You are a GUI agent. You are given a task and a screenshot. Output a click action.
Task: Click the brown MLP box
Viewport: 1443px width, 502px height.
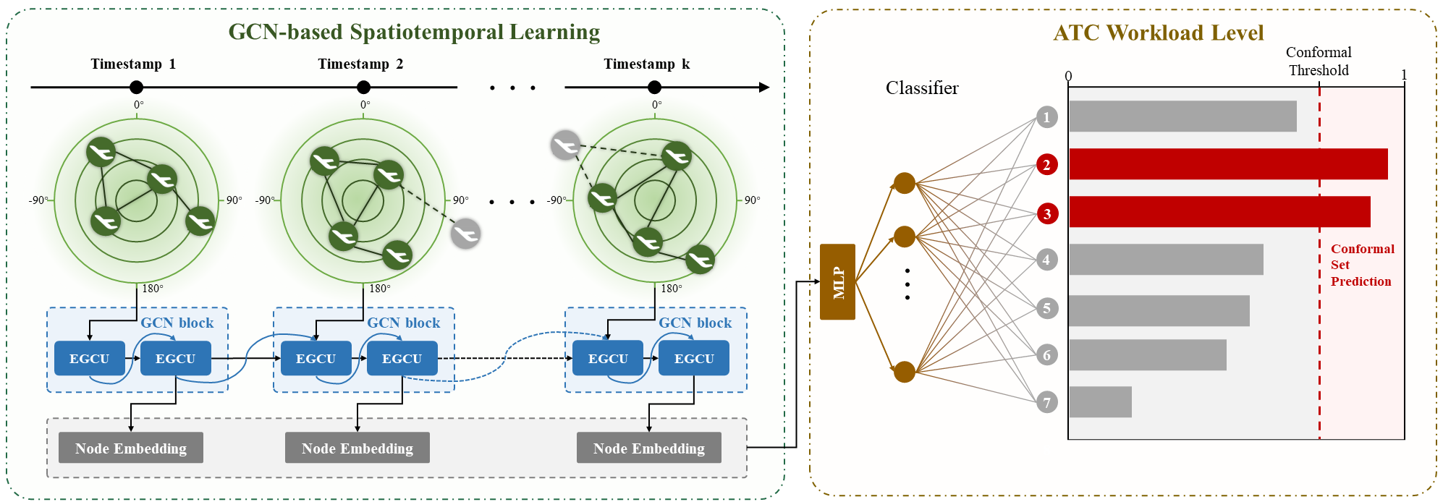pos(837,282)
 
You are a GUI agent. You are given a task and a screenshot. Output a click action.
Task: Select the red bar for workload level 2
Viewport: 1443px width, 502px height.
pos(1228,164)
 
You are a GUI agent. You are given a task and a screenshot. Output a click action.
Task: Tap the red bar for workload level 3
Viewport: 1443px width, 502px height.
pos(1219,212)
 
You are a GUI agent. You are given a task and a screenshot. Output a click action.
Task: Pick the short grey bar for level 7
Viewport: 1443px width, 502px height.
pos(1100,402)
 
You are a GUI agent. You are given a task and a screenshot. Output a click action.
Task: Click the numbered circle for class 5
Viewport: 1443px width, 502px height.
pos(1046,308)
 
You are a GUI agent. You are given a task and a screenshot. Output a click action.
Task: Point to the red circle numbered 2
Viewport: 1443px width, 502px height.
pos(1046,165)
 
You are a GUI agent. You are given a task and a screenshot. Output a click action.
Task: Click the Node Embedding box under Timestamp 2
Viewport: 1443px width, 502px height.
pos(357,448)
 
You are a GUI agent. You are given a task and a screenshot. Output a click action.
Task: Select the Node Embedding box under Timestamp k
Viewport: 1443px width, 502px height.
pos(649,448)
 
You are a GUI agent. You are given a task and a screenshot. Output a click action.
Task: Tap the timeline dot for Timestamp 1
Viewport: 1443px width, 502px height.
pos(136,88)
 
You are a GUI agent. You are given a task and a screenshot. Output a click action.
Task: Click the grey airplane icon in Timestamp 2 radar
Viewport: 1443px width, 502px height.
pos(465,234)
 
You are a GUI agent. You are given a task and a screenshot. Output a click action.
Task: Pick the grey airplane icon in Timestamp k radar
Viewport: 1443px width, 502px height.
pos(565,145)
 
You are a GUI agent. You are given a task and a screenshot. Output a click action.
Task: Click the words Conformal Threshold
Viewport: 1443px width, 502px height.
pos(1319,61)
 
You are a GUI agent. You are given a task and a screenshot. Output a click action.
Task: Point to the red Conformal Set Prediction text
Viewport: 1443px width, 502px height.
pos(1362,265)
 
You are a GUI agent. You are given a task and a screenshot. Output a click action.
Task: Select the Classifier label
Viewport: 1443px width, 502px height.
pos(922,88)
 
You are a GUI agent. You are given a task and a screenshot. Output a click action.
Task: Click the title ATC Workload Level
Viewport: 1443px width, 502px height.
pos(1158,33)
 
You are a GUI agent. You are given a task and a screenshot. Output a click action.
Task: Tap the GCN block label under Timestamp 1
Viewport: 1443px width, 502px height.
pos(177,323)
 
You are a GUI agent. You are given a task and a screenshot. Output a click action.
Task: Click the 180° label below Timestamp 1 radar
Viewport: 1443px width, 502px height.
pos(153,289)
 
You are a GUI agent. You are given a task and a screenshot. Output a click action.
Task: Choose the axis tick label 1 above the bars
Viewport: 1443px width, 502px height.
pos(1404,75)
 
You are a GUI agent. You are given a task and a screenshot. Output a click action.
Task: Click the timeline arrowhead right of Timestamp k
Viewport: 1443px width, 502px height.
pos(764,88)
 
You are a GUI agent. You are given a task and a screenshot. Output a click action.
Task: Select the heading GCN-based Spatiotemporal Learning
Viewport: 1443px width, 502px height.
pos(414,32)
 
